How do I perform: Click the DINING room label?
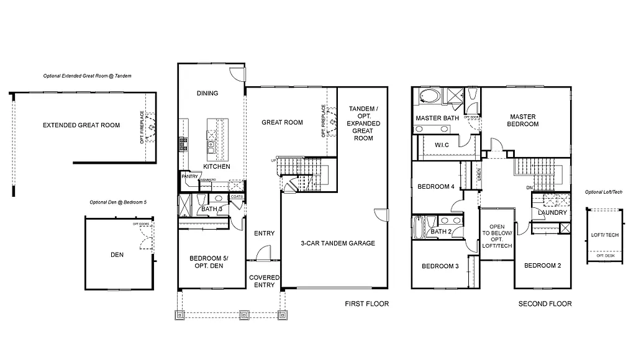(207, 93)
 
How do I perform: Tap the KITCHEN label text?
(216, 167)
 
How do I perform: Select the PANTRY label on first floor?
(189, 176)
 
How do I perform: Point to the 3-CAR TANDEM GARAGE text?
(338, 243)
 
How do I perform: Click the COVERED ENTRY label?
(265, 281)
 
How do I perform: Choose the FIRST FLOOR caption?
(366, 304)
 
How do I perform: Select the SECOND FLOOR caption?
(545, 304)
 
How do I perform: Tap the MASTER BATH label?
(437, 118)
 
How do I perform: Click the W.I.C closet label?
(442, 145)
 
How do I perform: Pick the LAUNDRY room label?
(552, 213)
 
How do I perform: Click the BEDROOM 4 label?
(436, 187)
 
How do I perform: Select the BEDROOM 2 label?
(542, 266)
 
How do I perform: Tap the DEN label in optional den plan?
(117, 254)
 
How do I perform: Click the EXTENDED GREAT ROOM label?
(81, 125)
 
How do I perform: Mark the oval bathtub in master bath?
(429, 96)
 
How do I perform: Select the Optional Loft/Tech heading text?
(603, 192)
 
